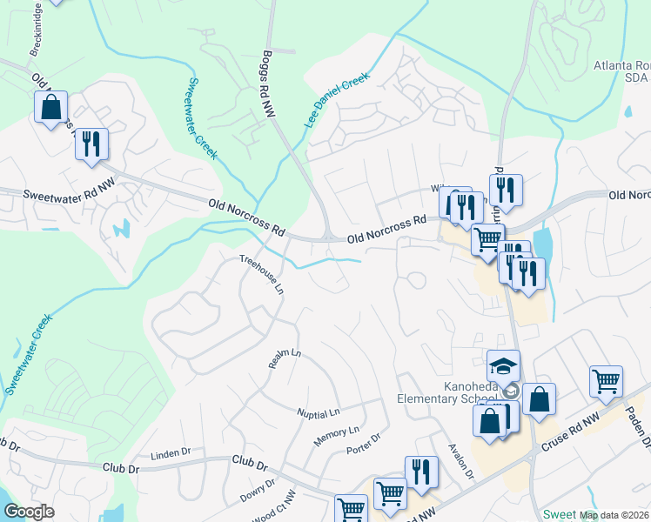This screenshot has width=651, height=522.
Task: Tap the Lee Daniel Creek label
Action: tap(337, 100)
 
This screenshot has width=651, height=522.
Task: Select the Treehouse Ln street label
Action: tap(262, 273)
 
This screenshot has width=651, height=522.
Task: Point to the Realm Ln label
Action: tap(284, 359)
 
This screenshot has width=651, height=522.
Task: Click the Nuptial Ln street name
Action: tap(318, 411)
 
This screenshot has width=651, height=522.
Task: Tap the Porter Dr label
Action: tap(364, 443)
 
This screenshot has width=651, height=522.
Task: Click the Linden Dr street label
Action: tap(170, 453)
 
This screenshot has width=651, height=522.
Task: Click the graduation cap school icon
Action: tap(503, 365)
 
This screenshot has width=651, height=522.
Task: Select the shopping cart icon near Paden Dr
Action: tap(606, 380)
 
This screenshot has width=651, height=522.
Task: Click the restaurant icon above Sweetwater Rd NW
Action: tap(91, 143)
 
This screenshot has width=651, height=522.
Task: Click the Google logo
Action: tap(29, 512)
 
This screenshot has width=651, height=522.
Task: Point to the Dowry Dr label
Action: tap(258, 491)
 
